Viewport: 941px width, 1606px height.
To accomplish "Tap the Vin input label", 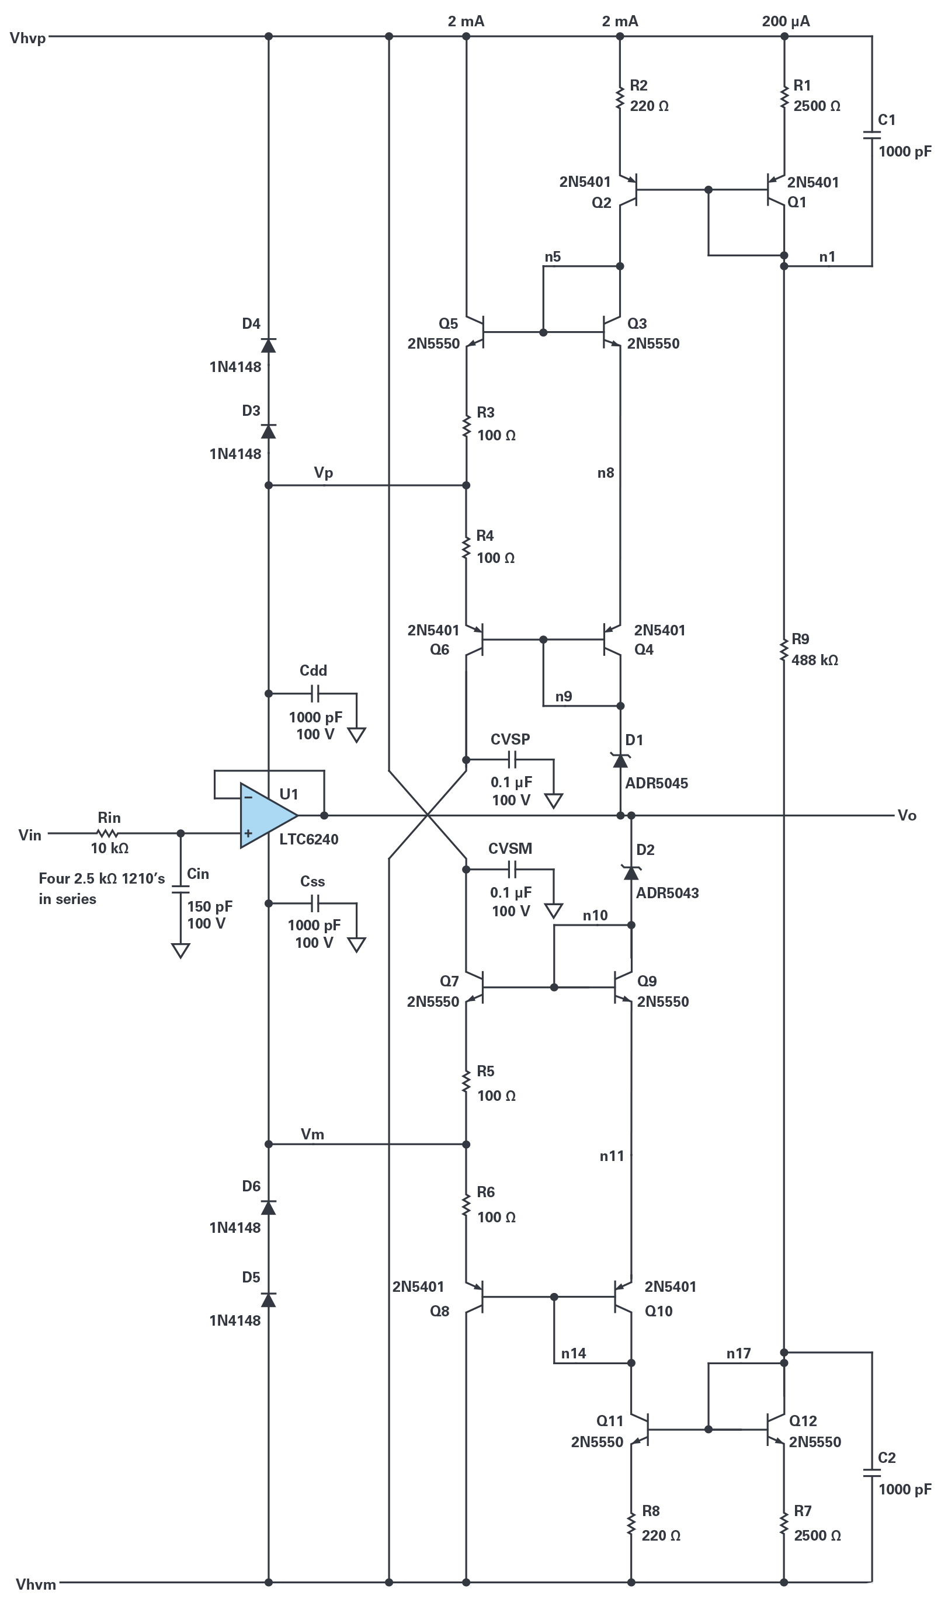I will coord(29,835).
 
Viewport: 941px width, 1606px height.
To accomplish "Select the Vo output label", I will coord(907,816).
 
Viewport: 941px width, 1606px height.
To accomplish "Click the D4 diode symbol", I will coord(269,345).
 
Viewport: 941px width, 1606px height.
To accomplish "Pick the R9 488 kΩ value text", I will coord(814,661).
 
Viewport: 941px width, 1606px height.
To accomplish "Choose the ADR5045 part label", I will coord(656,783).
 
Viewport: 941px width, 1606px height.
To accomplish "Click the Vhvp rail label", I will coord(28,38).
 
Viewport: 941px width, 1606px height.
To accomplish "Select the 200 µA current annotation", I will coord(786,21).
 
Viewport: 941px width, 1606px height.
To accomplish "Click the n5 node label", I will coord(552,256).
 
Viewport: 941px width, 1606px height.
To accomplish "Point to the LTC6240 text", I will coord(308,839).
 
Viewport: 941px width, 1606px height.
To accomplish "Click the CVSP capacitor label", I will coord(510,739).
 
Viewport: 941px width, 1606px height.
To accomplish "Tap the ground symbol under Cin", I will coord(180,951).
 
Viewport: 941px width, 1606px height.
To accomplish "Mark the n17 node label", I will coord(738,1353).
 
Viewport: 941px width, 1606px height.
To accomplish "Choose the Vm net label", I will coord(312,1134).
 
